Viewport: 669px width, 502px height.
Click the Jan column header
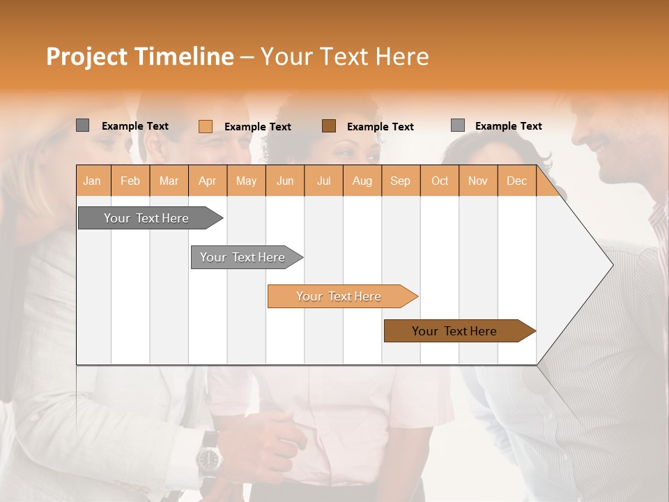tap(93, 181)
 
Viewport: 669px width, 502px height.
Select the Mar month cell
tap(169, 181)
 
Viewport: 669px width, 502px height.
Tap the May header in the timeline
tap(246, 181)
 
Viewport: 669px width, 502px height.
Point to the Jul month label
tap(323, 181)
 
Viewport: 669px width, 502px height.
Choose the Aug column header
tap(362, 181)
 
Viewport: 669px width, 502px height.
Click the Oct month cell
tap(439, 181)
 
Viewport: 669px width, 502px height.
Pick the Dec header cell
tap(516, 181)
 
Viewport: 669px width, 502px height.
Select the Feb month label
tap(130, 181)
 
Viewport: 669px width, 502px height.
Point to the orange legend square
tap(205, 126)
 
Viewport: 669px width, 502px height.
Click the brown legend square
tap(329, 125)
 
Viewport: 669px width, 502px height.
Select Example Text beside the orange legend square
tap(257, 127)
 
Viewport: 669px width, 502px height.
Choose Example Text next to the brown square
tap(380, 127)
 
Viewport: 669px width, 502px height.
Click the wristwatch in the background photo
tap(208, 458)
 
